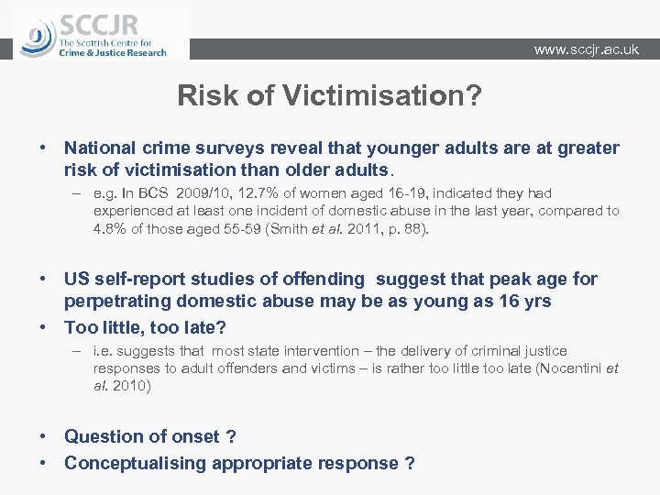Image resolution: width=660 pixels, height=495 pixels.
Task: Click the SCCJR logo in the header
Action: (x=101, y=34)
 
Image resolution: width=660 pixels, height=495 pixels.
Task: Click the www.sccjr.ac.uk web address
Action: (x=586, y=49)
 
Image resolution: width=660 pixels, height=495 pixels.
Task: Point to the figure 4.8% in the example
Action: (x=110, y=228)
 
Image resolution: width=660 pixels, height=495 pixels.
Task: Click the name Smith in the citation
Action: (x=287, y=228)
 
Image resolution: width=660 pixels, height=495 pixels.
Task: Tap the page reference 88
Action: (x=412, y=228)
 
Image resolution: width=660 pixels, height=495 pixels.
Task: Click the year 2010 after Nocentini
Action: (x=131, y=386)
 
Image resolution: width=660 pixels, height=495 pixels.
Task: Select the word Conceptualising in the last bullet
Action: (x=135, y=463)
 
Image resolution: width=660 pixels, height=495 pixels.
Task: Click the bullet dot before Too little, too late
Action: (x=43, y=327)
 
